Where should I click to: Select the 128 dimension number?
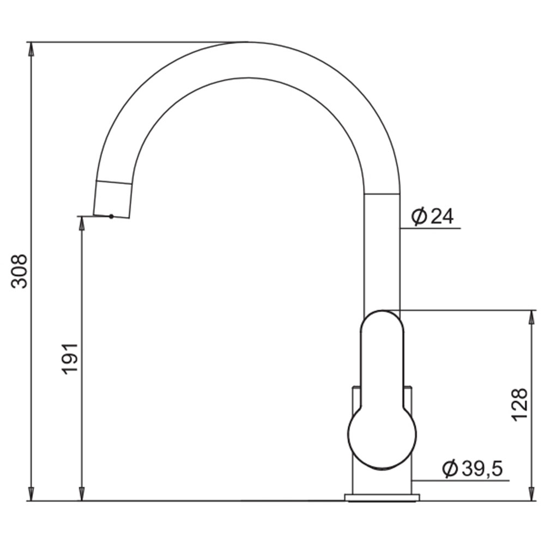[519, 405]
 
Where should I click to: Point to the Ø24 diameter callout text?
[432, 216]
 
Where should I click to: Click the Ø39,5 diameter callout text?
[473, 469]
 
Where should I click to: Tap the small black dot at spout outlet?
[111, 216]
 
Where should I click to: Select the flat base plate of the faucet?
[382, 498]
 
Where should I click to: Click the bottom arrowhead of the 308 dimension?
[31, 494]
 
